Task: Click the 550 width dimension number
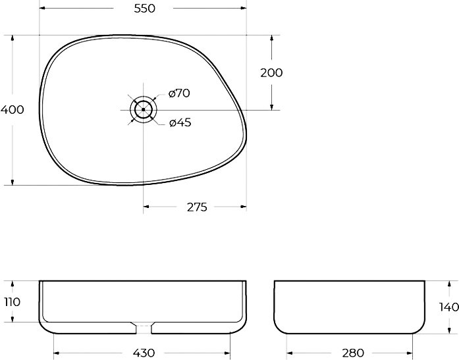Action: (x=144, y=9)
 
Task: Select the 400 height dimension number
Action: (x=13, y=110)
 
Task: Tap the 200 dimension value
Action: (x=271, y=73)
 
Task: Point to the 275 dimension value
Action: (x=197, y=207)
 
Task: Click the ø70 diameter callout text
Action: (x=179, y=93)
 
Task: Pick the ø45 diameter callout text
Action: (x=180, y=122)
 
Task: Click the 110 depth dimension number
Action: (x=13, y=302)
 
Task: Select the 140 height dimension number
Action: (x=448, y=307)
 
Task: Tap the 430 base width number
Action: (x=144, y=353)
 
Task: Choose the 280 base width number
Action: (x=353, y=353)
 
